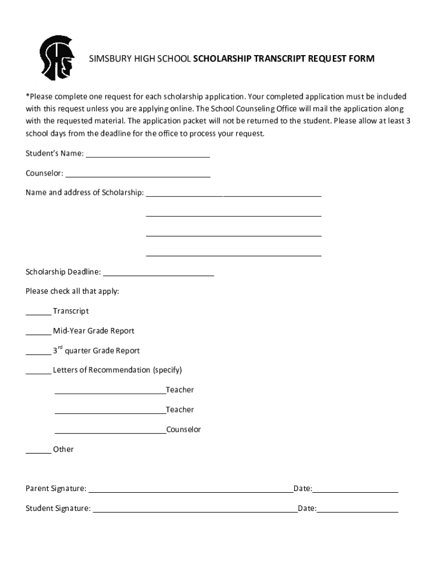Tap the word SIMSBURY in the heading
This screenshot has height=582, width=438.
[x=105, y=59]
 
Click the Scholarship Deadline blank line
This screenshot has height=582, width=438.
[x=159, y=274]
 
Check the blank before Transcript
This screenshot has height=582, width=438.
[x=38, y=313]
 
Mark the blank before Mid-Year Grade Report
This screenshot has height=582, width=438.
[x=38, y=333]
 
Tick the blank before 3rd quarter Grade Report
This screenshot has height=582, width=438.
[x=38, y=353]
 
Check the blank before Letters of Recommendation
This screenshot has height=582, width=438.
[x=38, y=372]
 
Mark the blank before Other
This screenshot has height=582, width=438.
[x=38, y=451]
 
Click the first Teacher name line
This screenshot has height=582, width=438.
[x=110, y=392]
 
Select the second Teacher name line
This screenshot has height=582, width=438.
[x=110, y=412]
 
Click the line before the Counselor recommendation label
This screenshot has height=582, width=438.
[x=110, y=432]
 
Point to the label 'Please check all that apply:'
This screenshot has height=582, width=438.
[x=72, y=292]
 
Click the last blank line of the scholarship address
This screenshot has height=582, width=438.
[x=233, y=255]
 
